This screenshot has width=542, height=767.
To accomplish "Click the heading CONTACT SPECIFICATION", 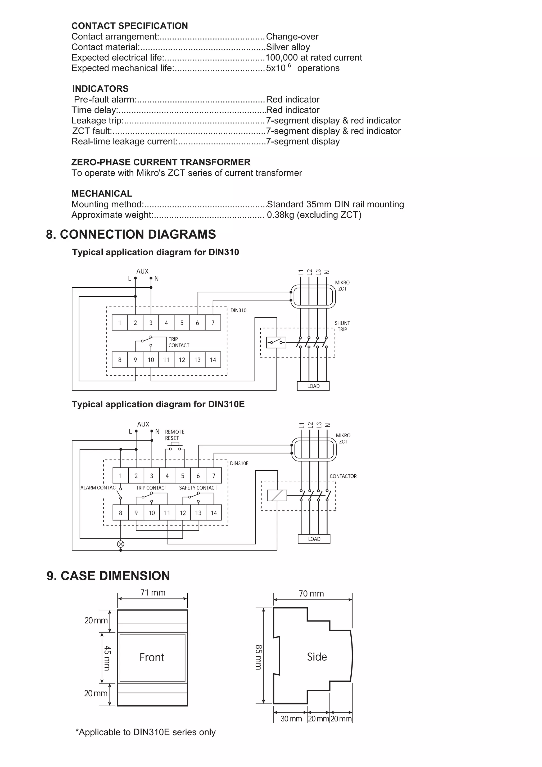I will pyautogui.click(x=129, y=26).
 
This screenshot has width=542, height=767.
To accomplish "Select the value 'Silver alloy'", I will pyautogui.click(x=288, y=47).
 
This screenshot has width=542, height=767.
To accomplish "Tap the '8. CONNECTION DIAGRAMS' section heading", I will pyautogui.click(x=131, y=234).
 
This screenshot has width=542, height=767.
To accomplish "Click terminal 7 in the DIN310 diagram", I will pyautogui.click(x=213, y=323).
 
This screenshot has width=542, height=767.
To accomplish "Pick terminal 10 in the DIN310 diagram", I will pyautogui.click(x=151, y=360).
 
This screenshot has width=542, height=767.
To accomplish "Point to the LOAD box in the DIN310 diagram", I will pyautogui.click(x=313, y=386).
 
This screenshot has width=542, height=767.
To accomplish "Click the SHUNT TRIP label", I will pyautogui.click(x=342, y=326).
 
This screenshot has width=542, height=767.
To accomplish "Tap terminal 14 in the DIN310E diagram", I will pyautogui.click(x=214, y=513).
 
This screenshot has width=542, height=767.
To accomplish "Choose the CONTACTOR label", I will pyautogui.click(x=343, y=476).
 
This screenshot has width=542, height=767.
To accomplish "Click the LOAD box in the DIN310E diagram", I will pyautogui.click(x=314, y=539).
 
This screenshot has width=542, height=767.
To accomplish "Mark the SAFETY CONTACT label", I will pyautogui.click(x=198, y=488).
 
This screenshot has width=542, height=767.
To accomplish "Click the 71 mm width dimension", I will pyautogui.click(x=153, y=593).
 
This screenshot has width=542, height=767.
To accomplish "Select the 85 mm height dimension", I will pyautogui.click(x=259, y=657).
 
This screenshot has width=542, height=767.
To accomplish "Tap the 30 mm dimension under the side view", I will pyautogui.click(x=291, y=719).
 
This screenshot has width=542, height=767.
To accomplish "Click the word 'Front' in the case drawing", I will pyautogui.click(x=152, y=657).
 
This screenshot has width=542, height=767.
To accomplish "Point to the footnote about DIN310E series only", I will pyautogui.click(x=146, y=741).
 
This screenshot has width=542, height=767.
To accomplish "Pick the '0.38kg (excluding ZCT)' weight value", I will pyautogui.click(x=314, y=215).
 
